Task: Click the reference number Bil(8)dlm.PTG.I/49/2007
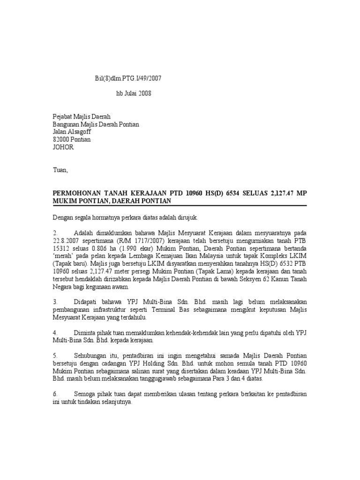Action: (128, 78)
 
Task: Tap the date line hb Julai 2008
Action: (134, 93)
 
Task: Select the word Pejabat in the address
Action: (62, 117)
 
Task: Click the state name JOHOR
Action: (62, 147)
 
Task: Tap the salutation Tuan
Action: (60, 170)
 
